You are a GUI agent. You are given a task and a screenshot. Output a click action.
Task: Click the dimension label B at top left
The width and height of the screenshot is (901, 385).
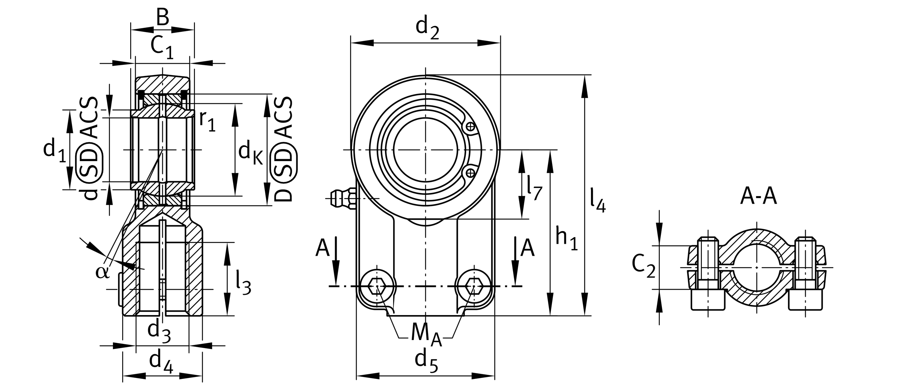click(x=162, y=18)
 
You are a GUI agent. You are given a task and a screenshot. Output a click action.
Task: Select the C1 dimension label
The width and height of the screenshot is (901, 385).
click(x=162, y=47)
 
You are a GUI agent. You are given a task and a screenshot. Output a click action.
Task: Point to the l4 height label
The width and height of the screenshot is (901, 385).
click(x=597, y=200)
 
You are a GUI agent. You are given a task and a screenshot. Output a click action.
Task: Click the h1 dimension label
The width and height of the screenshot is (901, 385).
click(x=567, y=239)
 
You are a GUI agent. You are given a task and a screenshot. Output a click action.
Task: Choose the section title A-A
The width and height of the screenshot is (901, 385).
click(x=758, y=196)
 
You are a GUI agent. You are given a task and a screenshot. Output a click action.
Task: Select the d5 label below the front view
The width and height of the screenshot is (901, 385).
click(x=426, y=361)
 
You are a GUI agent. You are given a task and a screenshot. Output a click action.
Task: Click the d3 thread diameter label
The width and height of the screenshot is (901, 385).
click(x=159, y=331)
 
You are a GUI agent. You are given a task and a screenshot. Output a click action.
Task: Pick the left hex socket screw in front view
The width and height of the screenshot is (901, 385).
click(x=377, y=286)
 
